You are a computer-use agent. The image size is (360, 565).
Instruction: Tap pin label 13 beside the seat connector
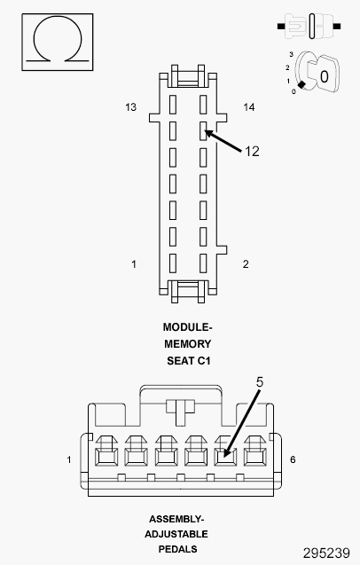point(131,107)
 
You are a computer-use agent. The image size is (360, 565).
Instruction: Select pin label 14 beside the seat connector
point(249,107)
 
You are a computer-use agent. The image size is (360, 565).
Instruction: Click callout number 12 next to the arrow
point(252,152)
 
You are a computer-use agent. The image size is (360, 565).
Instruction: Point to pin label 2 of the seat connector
point(246,264)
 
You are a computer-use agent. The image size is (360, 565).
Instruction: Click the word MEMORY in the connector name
point(188,344)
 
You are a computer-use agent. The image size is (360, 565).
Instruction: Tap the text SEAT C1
point(189,361)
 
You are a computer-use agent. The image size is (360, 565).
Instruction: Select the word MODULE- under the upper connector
point(188,327)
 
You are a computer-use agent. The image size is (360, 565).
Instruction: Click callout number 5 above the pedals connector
point(260,382)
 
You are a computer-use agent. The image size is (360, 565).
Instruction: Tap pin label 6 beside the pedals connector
point(293,459)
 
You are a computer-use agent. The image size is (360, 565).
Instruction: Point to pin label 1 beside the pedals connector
point(69,459)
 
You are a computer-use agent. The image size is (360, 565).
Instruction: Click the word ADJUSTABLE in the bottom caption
point(176,534)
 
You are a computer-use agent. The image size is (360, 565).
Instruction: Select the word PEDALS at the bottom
point(177,549)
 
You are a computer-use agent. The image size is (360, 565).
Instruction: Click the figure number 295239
point(326,553)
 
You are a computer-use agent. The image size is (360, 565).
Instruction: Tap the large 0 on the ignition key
point(325,77)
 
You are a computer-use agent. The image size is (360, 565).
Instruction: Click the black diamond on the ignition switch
point(302,84)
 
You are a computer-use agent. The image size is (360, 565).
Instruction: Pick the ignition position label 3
point(291,55)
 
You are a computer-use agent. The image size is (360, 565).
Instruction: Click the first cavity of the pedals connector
point(106,457)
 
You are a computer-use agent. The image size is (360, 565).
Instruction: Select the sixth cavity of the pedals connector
point(255,457)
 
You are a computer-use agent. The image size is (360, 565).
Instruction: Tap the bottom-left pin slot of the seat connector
point(173,263)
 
